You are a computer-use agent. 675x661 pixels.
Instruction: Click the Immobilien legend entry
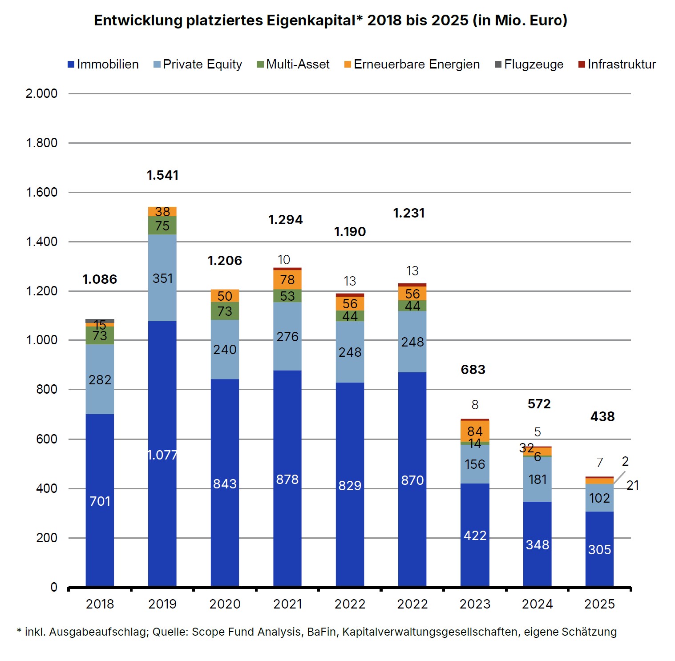(103, 64)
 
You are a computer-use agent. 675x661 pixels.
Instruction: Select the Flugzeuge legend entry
(529, 64)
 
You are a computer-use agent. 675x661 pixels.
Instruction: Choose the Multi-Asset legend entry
(293, 64)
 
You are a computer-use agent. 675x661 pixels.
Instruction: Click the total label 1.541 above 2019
(162, 175)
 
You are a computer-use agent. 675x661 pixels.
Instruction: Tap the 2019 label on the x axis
(162, 604)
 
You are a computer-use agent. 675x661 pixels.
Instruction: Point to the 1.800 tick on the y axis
(42, 143)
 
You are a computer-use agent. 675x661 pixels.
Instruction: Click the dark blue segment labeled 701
(100, 500)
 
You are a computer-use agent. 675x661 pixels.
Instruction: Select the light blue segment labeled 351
(162, 278)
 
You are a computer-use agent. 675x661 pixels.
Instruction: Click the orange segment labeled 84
(475, 431)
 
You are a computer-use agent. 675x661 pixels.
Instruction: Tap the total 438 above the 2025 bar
(602, 416)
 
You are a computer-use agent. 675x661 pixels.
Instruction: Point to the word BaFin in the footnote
(321, 632)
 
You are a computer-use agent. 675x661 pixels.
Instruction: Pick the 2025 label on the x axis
(599, 604)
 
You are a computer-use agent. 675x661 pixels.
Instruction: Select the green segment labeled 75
(162, 226)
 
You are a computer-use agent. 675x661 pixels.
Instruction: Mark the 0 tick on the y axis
(54, 587)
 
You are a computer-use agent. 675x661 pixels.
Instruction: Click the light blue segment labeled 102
(599, 498)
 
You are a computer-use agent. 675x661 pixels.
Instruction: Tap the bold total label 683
(473, 370)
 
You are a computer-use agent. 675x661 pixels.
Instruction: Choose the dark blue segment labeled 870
(412, 480)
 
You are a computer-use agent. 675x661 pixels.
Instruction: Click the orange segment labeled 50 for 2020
(225, 296)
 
